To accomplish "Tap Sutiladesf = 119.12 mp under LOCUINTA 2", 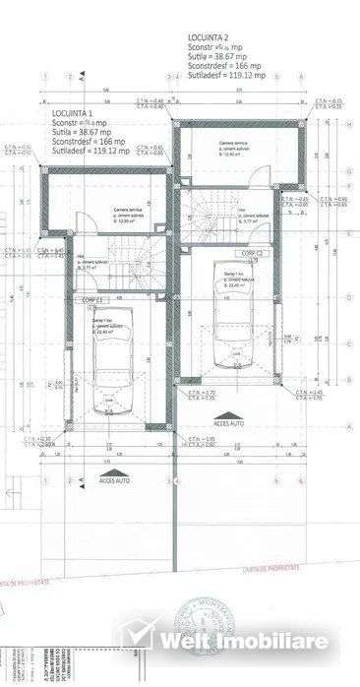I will (x=229, y=74).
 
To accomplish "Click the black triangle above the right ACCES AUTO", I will (x=227, y=414).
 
